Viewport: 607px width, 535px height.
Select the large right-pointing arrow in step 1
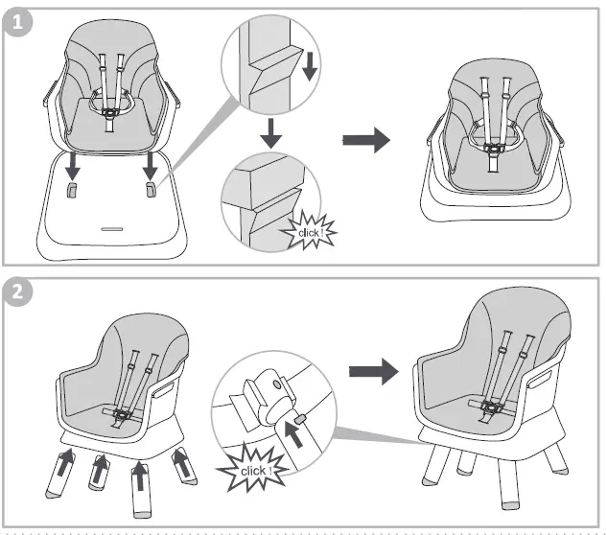366,141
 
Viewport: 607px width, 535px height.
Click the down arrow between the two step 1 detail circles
271,133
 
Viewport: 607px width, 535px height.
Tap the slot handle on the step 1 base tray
112,229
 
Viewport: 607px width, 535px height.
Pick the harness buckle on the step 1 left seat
110,113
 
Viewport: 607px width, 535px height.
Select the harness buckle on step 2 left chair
123,415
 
